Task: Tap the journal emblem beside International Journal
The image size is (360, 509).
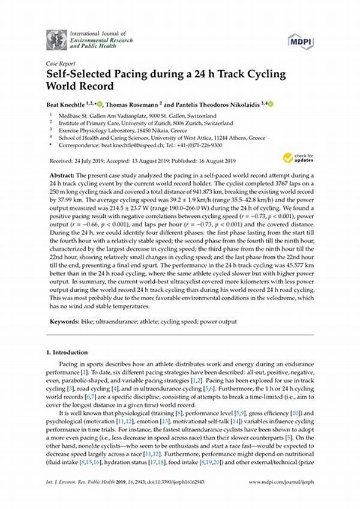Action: (x=56, y=40)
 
